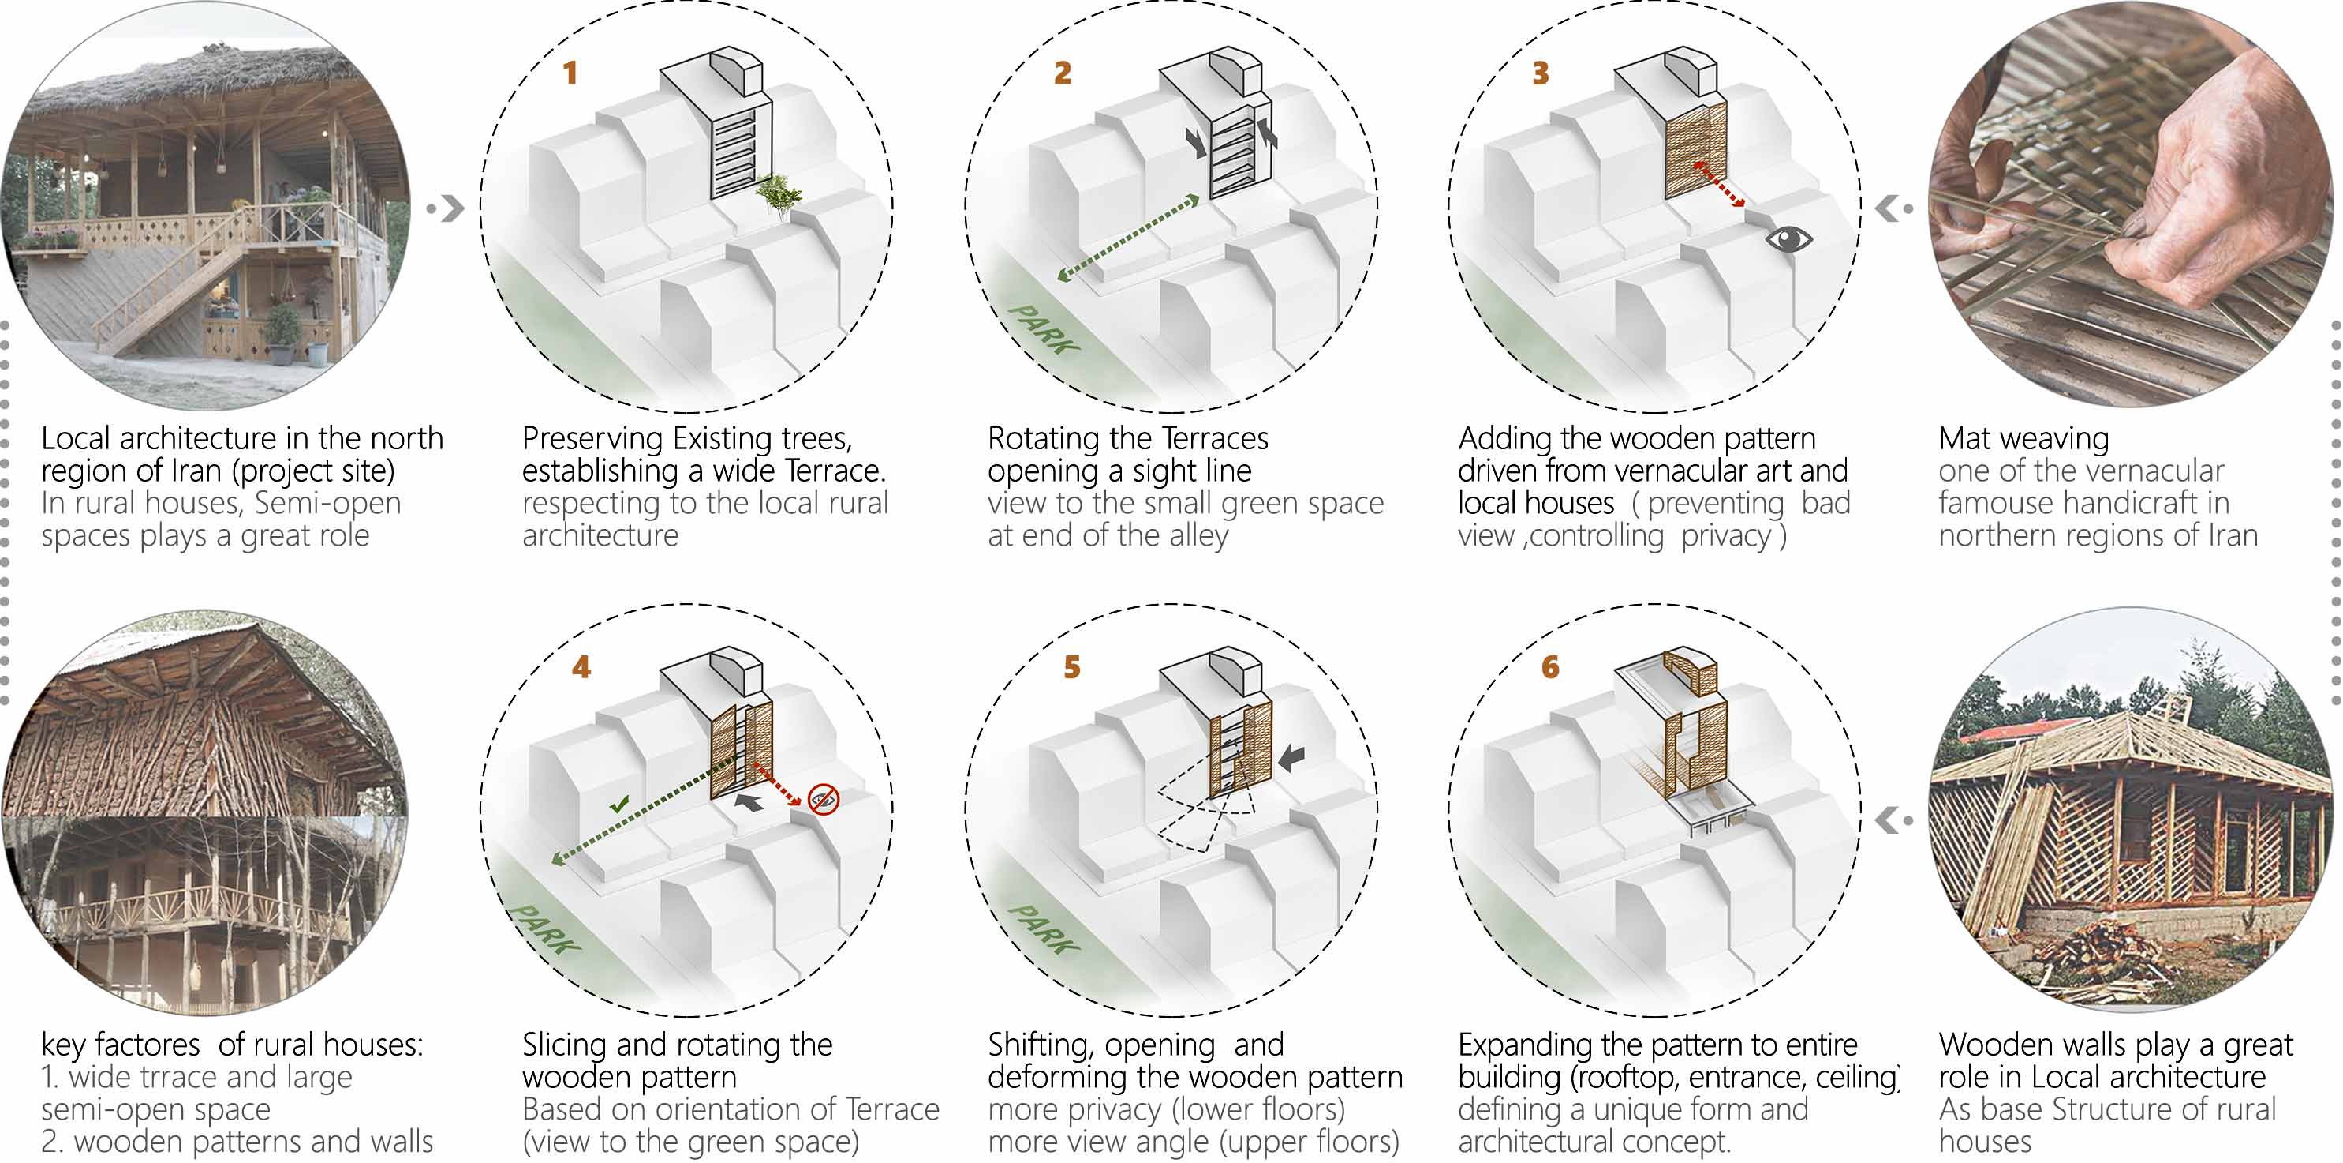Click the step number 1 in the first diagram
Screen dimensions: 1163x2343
click(570, 73)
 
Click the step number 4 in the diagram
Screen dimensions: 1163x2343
click(581, 667)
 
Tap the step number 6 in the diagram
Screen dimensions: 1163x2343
click(1550, 667)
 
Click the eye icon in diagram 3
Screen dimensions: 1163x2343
click(1788, 239)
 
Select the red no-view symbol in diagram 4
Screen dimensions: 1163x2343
click(823, 799)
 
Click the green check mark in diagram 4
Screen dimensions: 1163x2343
click(619, 805)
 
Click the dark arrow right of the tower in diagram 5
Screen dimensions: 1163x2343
click(1291, 757)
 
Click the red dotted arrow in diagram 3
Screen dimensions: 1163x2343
click(1718, 186)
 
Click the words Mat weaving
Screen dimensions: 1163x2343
click(2023, 439)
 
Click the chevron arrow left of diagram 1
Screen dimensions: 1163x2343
click(451, 208)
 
